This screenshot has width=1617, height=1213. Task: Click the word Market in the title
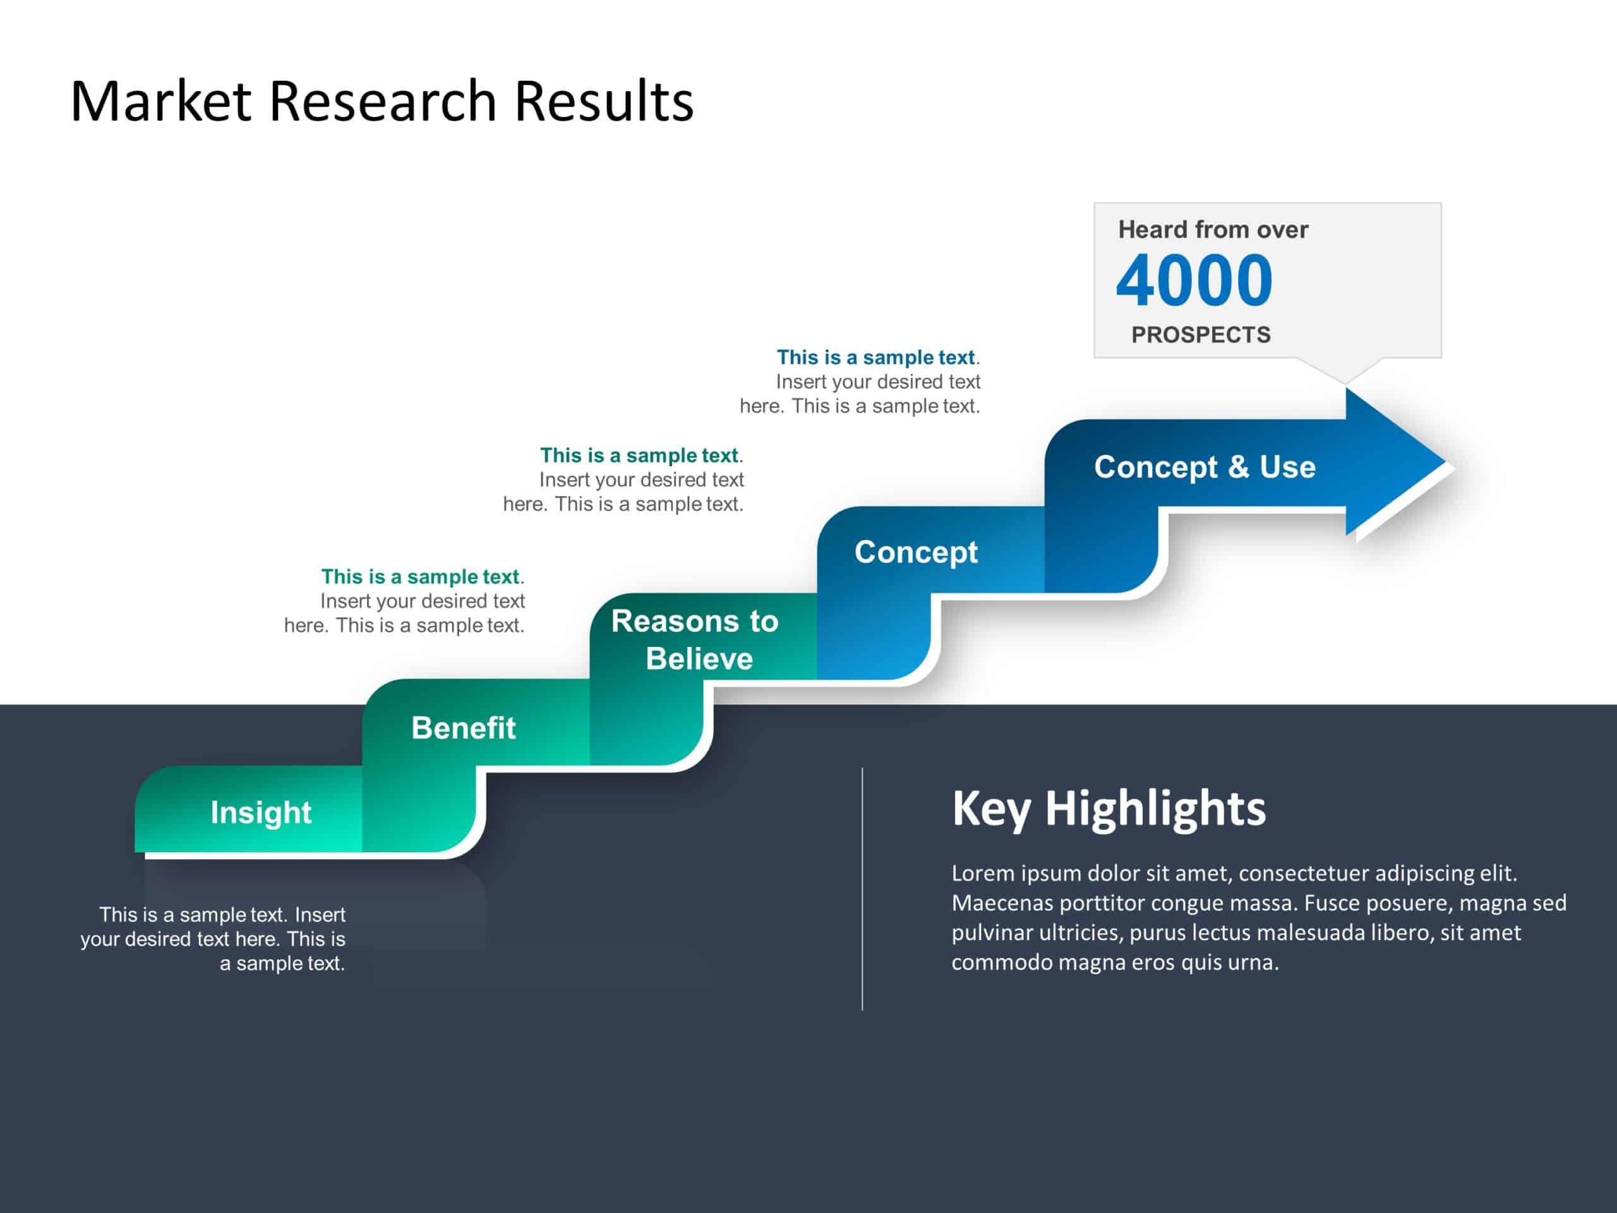point(161,101)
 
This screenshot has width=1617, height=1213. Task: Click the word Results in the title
point(604,101)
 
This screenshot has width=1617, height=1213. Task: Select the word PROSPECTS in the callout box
point(1200,335)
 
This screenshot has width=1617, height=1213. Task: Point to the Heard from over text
point(1213,229)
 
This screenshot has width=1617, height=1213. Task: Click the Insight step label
point(261,812)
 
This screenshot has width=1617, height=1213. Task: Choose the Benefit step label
point(464,728)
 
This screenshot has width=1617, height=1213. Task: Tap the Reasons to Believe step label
point(695,640)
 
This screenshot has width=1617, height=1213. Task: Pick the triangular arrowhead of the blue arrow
point(1389,462)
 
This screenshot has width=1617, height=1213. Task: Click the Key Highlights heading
point(1109,809)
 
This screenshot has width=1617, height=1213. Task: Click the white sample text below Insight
point(213,939)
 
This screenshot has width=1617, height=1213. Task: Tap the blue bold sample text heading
point(875,358)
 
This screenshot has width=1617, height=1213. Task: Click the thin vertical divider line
point(863,889)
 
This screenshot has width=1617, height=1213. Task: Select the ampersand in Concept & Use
point(1239,468)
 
